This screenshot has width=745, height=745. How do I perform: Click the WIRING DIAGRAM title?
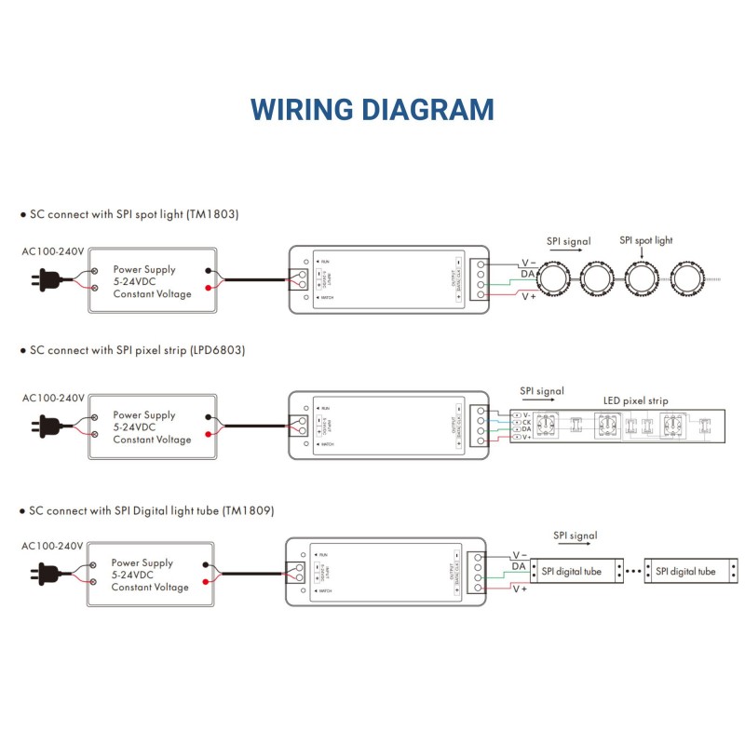click(372, 109)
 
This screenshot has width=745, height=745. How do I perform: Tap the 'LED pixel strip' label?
click(635, 401)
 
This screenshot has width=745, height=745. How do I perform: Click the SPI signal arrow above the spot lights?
click(567, 253)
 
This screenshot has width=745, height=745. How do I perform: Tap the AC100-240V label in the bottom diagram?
click(53, 546)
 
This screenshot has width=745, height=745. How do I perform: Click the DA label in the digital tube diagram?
click(519, 565)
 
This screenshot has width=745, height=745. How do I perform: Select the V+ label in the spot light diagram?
click(528, 296)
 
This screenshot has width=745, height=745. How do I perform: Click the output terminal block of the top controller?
click(481, 278)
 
